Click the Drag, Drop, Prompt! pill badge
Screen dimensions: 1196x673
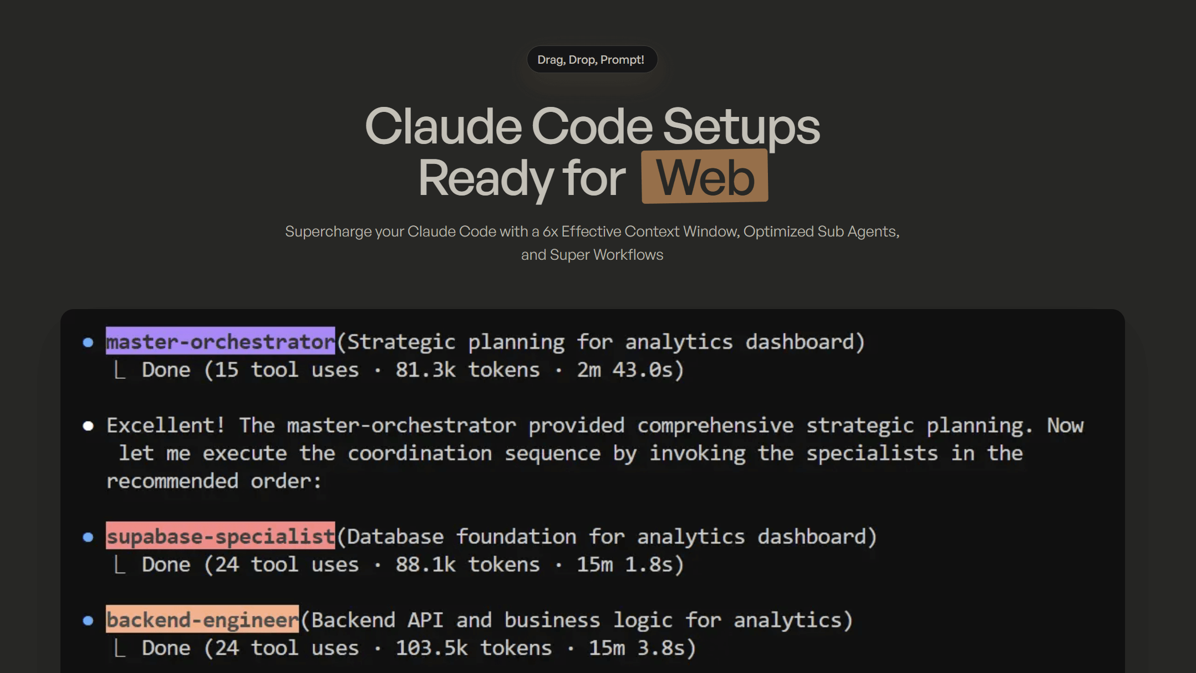pos(592,59)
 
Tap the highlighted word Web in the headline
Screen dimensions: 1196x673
pos(705,177)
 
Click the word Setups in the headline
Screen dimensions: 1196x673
pos(741,127)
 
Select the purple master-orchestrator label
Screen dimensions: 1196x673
pos(221,341)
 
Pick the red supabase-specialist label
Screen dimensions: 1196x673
pos(221,536)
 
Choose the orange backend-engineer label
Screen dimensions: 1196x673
pos(202,619)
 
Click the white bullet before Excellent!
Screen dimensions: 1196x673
pos(88,425)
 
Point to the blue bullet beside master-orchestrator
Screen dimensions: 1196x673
pos(88,342)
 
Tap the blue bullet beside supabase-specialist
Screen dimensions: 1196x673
pos(88,537)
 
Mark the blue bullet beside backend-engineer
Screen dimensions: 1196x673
pos(88,620)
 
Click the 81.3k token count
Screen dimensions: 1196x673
pos(425,369)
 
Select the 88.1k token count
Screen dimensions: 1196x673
pos(425,564)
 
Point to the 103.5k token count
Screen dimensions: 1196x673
pos(431,648)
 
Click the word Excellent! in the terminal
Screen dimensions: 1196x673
pos(166,425)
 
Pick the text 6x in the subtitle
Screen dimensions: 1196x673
pos(550,232)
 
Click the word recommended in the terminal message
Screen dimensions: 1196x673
pos(172,481)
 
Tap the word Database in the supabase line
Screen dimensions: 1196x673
pos(395,536)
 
